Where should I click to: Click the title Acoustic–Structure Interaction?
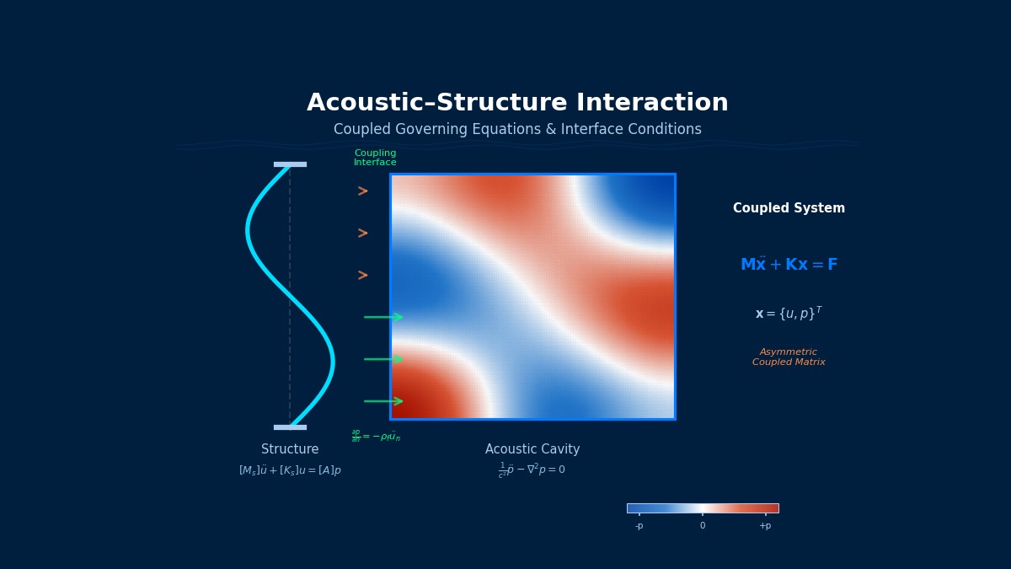[517, 104]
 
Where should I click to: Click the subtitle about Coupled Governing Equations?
[517, 130]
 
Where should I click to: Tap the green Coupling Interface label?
[375, 158]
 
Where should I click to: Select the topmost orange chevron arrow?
[362, 191]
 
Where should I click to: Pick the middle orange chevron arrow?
[362, 234]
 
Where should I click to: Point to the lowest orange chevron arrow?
[362, 276]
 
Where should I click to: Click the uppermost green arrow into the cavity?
[383, 317]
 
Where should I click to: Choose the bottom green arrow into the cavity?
[383, 401]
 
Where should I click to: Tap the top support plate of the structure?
[290, 164]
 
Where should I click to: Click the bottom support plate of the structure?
[290, 427]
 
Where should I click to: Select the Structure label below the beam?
[290, 450]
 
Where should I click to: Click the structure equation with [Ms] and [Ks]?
[290, 470]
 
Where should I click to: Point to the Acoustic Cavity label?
[532, 450]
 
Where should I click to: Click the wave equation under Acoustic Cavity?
[532, 470]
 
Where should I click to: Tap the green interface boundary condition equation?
[376, 436]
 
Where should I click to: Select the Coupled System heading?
[789, 208]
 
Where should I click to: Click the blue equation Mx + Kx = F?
[789, 265]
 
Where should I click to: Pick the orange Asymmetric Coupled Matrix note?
[789, 357]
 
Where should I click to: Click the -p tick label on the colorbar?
[639, 526]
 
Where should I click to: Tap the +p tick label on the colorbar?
[765, 526]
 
